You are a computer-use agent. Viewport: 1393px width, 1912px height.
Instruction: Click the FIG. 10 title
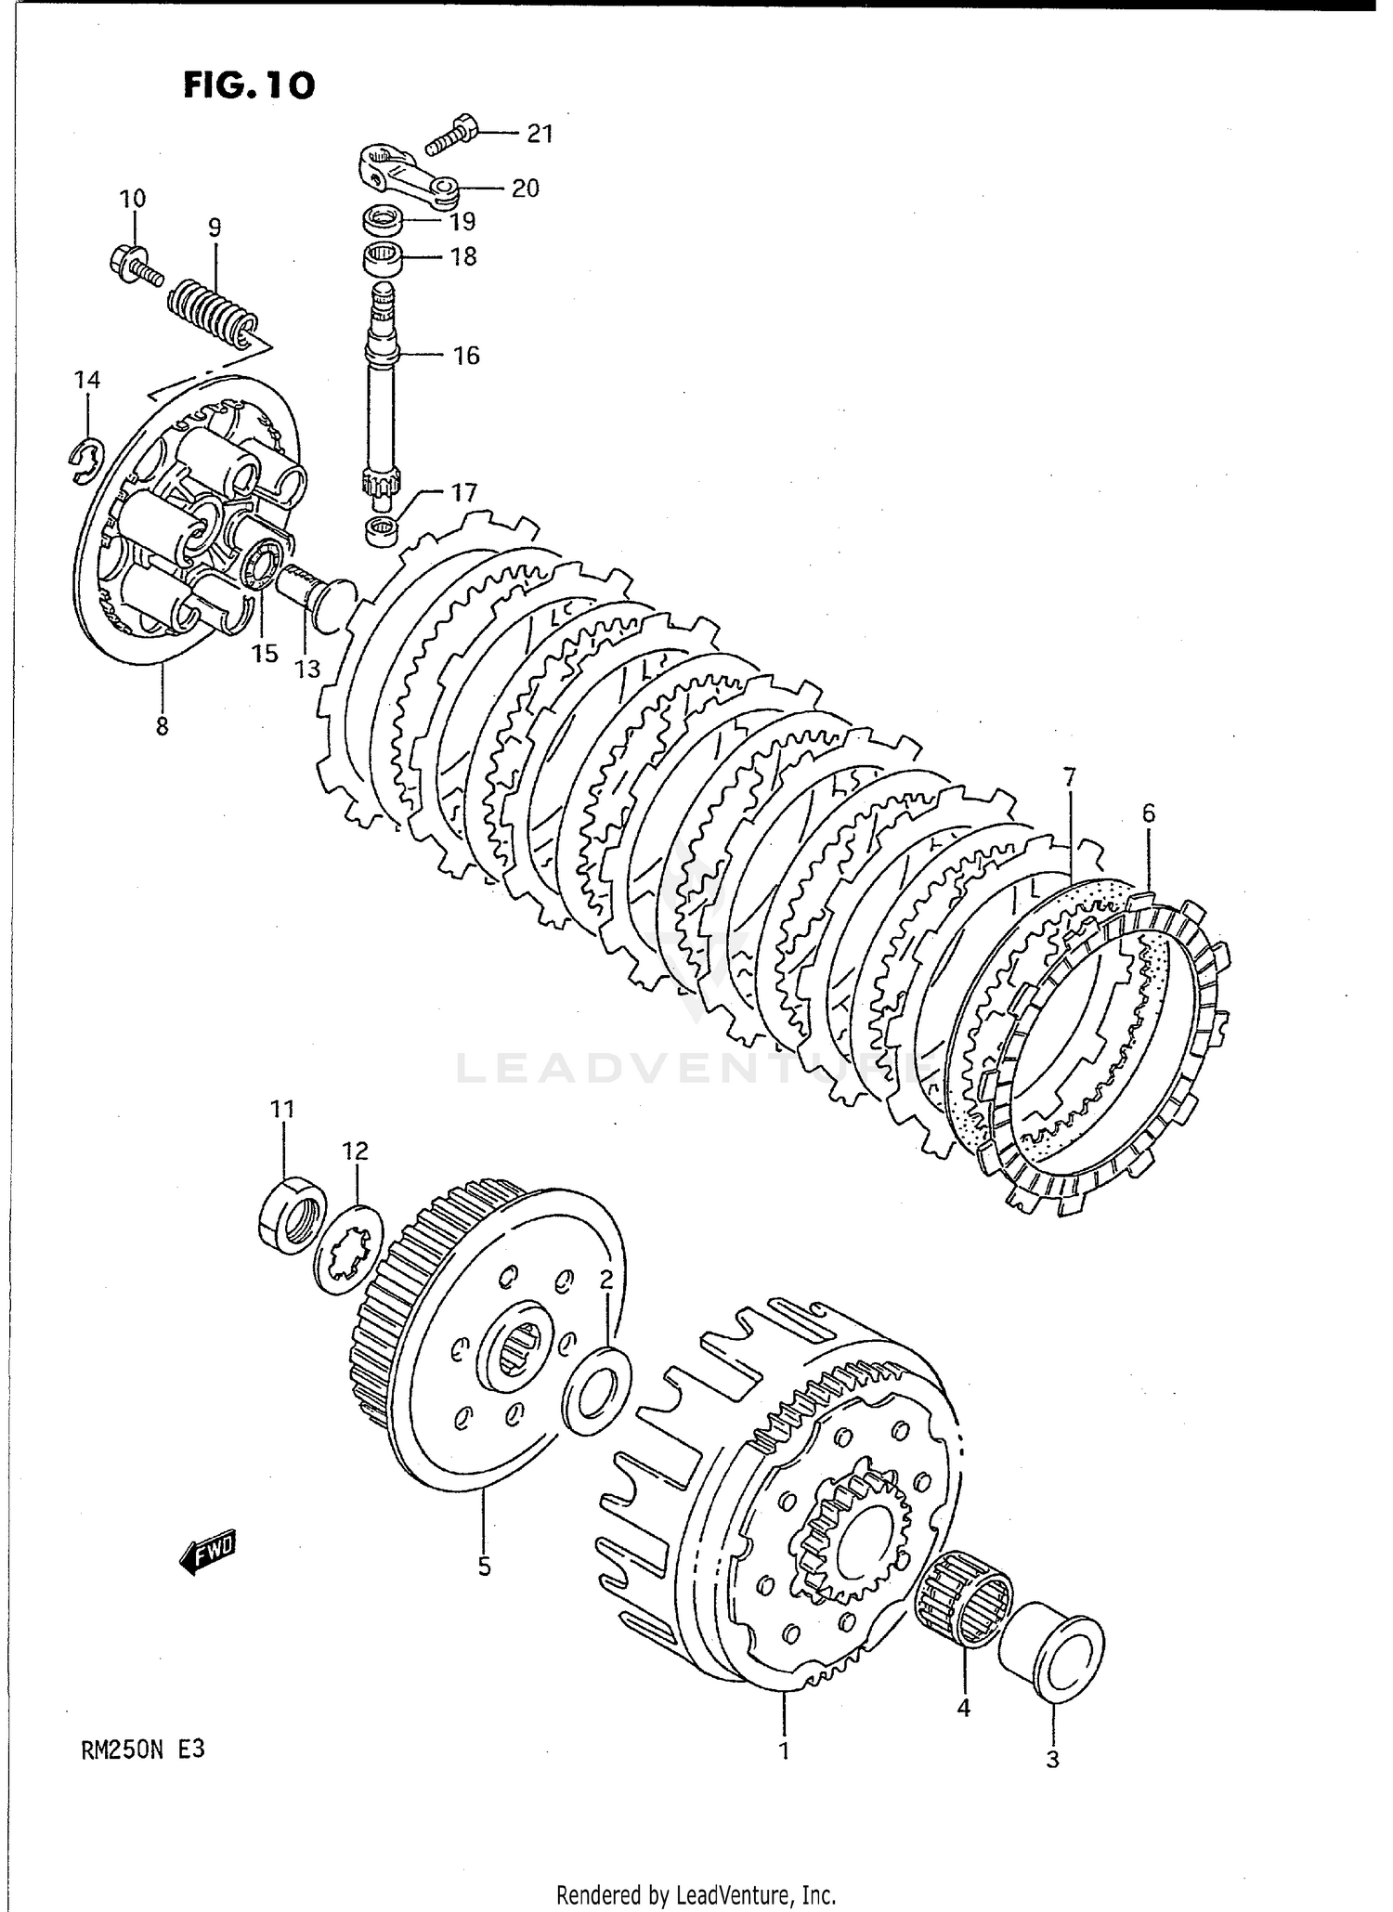(x=248, y=85)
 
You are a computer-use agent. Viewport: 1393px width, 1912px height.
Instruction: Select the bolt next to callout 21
(x=451, y=135)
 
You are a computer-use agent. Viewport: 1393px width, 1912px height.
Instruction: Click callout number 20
(x=526, y=189)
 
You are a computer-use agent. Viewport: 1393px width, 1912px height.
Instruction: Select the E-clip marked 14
(x=87, y=456)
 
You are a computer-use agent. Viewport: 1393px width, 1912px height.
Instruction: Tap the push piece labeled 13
(x=316, y=590)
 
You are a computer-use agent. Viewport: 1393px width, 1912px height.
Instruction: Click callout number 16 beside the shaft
(x=466, y=356)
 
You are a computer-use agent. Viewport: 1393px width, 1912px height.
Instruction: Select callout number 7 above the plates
(x=1069, y=775)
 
